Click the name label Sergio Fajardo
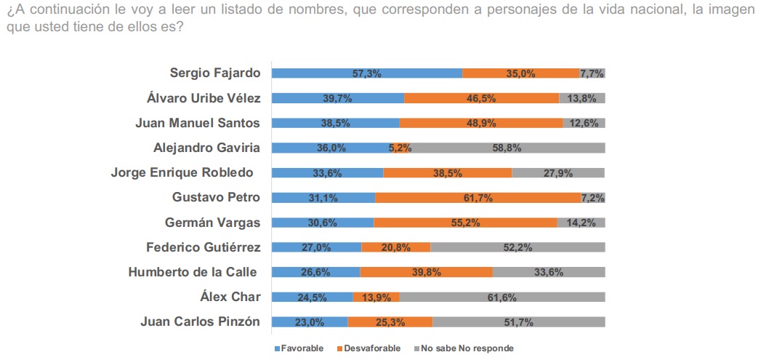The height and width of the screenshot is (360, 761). [x=214, y=73]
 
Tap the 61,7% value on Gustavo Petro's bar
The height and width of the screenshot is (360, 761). [x=478, y=198]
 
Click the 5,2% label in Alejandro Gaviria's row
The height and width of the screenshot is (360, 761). [x=400, y=148]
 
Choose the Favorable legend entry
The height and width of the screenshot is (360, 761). [x=299, y=348]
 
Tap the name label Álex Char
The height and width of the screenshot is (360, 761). [x=230, y=296]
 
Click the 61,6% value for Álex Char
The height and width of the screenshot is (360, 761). [x=502, y=297]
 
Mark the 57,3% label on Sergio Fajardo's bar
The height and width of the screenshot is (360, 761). [x=366, y=73]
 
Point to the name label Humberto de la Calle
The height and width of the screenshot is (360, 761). [x=194, y=271]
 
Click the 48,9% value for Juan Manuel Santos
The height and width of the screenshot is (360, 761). [x=480, y=124]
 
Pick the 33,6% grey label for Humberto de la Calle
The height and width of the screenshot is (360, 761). [x=548, y=273]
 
